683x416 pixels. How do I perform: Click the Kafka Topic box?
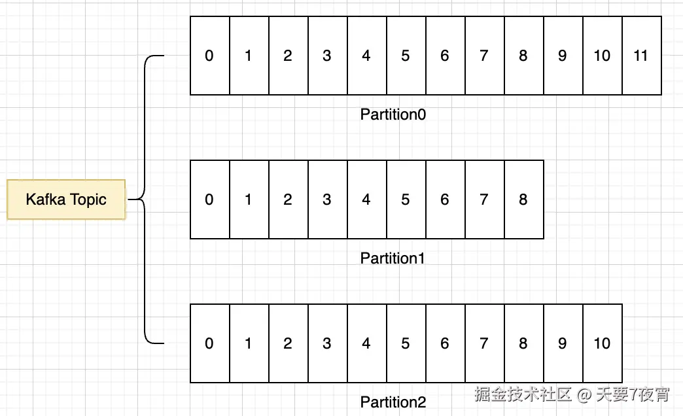click(65, 199)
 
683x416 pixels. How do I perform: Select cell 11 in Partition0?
click(641, 56)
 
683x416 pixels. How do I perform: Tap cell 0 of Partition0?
click(209, 56)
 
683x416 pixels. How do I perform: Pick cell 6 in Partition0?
click(445, 56)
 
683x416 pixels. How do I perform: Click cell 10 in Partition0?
click(602, 56)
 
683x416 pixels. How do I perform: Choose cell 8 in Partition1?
click(523, 199)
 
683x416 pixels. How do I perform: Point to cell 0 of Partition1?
click(209, 199)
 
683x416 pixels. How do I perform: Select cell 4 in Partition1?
click(366, 199)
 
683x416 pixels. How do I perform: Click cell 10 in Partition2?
click(602, 343)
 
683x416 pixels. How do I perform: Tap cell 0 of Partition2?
click(209, 343)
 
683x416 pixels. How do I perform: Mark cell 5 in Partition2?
click(406, 343)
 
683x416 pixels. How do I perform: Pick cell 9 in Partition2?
click(563, 343)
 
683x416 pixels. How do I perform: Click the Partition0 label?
click(393, 114)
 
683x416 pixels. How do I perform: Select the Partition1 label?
click(393, 258)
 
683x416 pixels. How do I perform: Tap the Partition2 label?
click(393, 402)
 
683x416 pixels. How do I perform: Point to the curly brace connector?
click(145, 199)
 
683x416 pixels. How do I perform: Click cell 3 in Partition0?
click(327, 56)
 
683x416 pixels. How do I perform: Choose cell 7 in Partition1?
click(484, 199)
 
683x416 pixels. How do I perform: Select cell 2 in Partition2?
click(288, 343)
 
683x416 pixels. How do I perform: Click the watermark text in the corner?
click(572, 394)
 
